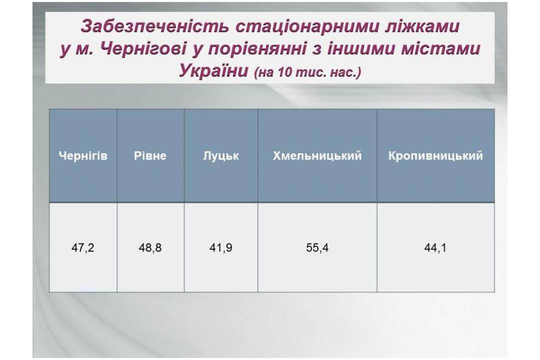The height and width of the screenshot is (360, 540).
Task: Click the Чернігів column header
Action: pos(83,155)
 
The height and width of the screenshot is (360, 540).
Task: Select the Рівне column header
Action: pos(150,155)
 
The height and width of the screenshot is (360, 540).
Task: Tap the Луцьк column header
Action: pos(221,156)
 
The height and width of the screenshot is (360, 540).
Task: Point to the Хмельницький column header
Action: pos(317,155)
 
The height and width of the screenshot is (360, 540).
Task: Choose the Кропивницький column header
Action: pos(435,155)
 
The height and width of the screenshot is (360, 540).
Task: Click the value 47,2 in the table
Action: pos(83,247)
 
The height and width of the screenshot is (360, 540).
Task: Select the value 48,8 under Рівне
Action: pos(150,247)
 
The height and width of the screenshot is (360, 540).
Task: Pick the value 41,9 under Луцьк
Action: pos(221,247)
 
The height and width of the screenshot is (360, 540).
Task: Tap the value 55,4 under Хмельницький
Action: pos(317,247)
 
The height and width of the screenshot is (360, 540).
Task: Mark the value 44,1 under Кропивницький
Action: pos(435,247)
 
